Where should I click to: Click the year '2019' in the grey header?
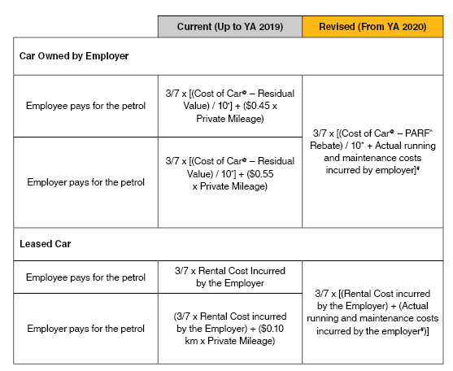coord(271,27)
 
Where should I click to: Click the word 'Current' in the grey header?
coord(191,27)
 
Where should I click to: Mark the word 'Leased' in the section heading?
coord(34,243)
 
